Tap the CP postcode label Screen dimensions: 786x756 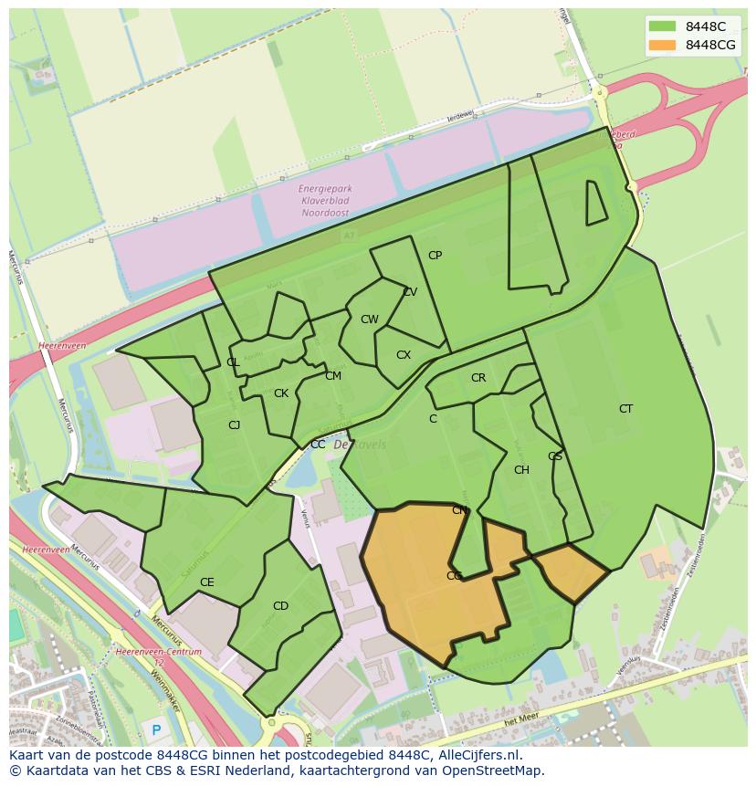[435, 256]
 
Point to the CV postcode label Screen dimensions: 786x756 [410, 292]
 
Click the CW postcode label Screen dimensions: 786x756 [369, 320]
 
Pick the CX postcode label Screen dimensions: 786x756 [404, 355]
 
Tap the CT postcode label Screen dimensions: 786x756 [625, 409]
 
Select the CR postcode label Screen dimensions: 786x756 [478, 378]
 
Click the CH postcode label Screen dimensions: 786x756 [521, 470]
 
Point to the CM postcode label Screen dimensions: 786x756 [333, 376]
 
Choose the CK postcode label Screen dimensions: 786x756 [281, 393]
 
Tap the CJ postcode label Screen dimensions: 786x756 [234, 424]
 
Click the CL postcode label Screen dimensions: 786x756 [233, 362]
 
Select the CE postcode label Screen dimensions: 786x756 [207, 582]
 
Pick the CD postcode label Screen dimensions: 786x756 [280, 606]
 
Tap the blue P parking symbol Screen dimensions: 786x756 [155, 730]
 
